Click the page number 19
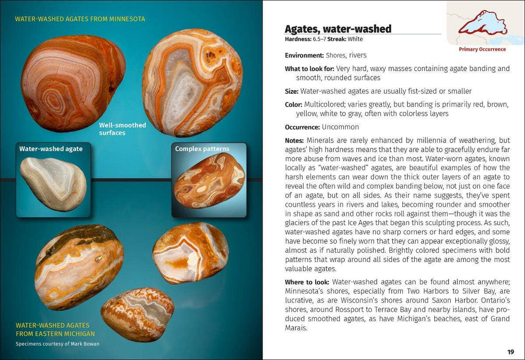[510, 352]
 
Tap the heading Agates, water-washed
[338, 29]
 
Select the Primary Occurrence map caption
[482, 49]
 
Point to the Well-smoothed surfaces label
[123, 129]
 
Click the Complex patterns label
[202, 149]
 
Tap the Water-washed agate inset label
[51, 149]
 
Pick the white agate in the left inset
[53, 184]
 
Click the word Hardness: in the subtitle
[298, 39]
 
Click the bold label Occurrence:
[302, 127]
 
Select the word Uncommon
[340, 127]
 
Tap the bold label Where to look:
[307, 282]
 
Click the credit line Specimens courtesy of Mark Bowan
[57, 344]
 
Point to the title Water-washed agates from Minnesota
[80, 19]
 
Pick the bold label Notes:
[295, 141]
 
